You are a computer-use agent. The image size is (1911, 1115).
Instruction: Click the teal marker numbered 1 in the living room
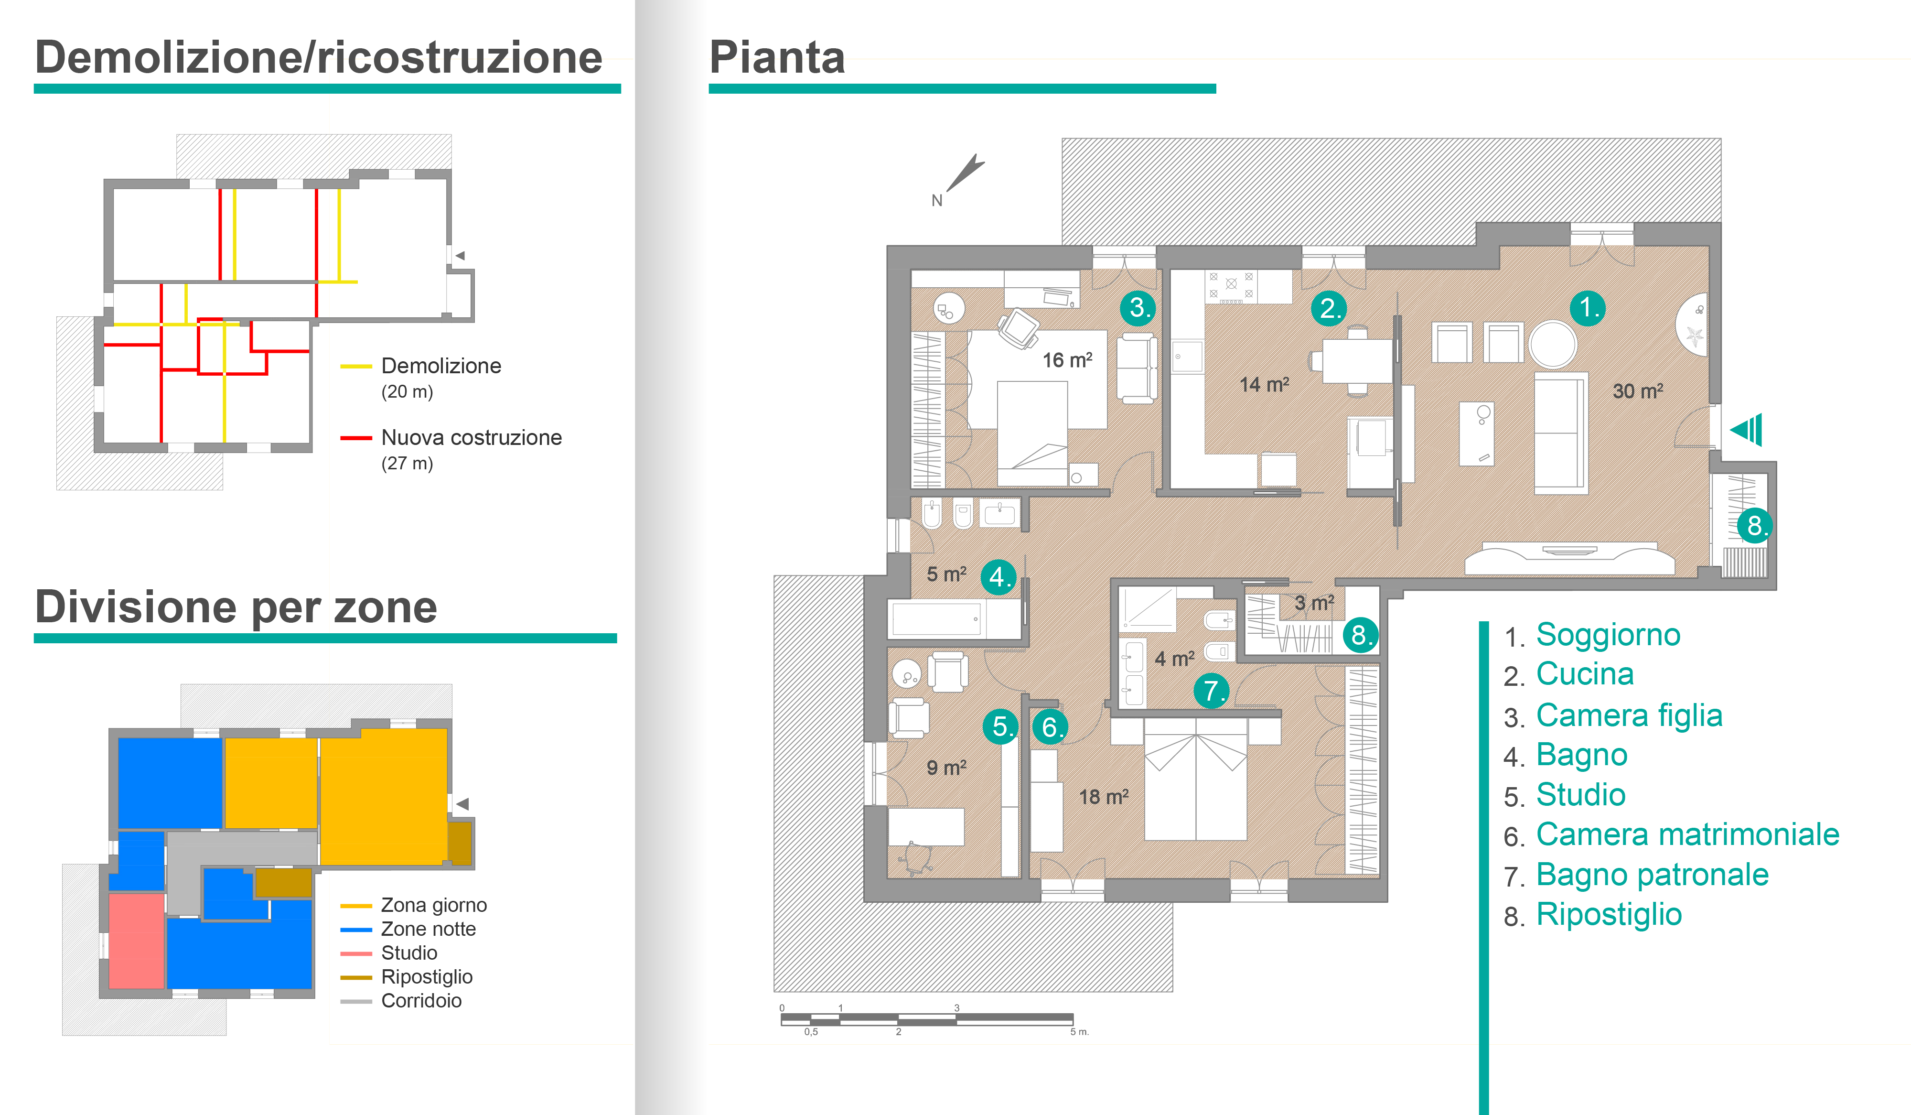pyautogui.click(x=1587, y=308)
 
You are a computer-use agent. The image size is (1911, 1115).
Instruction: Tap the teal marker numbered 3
pyautogui.click(x=1138, y=308)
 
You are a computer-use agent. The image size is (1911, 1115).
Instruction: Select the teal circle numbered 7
pyautogui.click(x=1211, y=690)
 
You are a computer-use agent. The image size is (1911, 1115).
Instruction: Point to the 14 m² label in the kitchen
pyautogui.click(x=1264, y=385)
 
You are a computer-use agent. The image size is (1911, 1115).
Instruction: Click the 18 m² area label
pyautogui.click(x=1104, y=796)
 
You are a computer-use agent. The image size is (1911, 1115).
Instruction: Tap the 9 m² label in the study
pyautogui.click(x=945, y=768)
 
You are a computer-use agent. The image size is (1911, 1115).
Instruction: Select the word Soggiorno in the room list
pyautogui.click(x=1608, y=635)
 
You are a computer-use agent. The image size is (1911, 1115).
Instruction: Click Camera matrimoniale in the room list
pyautogui.click(x=1687, y=834)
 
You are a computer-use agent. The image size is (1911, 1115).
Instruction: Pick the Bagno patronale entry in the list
pyautogui.click(x=1652, y=875)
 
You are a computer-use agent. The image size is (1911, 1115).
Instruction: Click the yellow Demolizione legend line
pyautogui.click(x=355, y=367)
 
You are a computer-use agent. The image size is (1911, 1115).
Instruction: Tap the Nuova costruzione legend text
pyautogui.click(x=471, y=438)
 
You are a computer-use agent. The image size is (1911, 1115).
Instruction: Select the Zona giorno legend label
pyautogui.click(x=434, y=905)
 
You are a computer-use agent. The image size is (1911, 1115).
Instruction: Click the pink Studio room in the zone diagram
pyautogui.click(x=137, y=941)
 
